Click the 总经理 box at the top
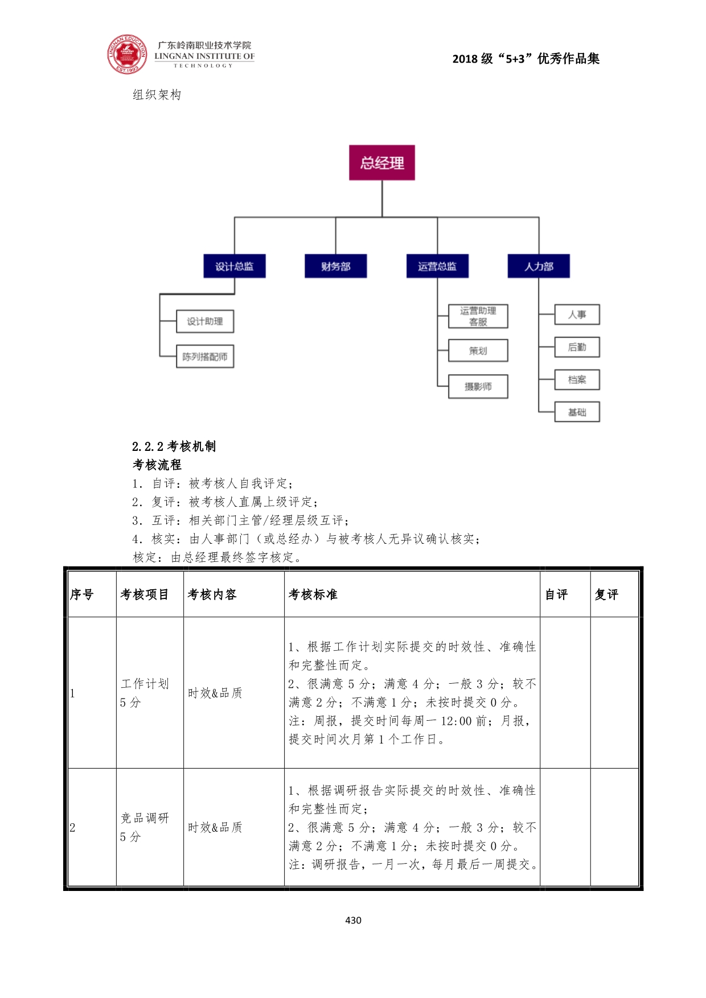381,163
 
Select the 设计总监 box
235,266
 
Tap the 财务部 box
335,266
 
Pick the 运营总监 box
437,266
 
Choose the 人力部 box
539,266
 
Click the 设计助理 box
205,321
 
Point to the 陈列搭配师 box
205,356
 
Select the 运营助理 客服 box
478,316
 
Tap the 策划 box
478,351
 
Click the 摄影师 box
478,387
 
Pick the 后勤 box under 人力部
577,347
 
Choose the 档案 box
577,380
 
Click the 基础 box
577,412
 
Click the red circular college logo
127,55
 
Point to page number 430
353,920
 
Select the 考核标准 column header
313,594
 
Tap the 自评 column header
556,594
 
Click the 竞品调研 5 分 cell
145,827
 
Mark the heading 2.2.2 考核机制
174,446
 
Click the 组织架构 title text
157,95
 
